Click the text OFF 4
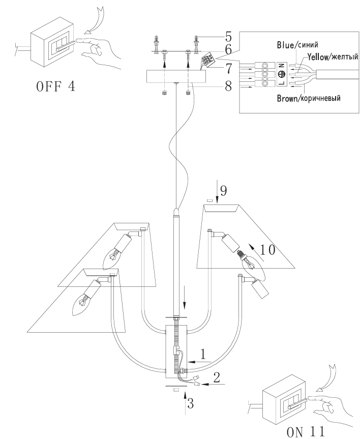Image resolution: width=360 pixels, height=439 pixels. pos(56,86)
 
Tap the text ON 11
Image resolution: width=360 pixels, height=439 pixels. pos(306,432)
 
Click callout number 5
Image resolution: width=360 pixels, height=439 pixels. pos(228,37)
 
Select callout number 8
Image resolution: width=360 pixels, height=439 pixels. pos(228,86)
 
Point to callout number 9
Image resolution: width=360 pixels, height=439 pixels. pos(223,191)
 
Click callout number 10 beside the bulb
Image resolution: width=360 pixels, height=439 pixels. pos(267,250)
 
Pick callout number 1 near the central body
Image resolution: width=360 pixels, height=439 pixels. pos(203,354)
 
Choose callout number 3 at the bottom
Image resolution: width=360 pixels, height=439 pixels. pos(190,403)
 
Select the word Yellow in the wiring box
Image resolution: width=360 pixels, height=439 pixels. pos(318,57)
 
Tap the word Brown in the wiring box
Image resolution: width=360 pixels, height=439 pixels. pos(287,99)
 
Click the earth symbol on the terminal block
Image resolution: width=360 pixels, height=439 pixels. pos(282,74)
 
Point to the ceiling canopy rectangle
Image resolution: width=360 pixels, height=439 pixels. pos(176,76)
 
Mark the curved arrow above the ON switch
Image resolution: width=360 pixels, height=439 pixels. pos(326,378)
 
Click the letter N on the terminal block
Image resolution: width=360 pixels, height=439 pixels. pos(282,66)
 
